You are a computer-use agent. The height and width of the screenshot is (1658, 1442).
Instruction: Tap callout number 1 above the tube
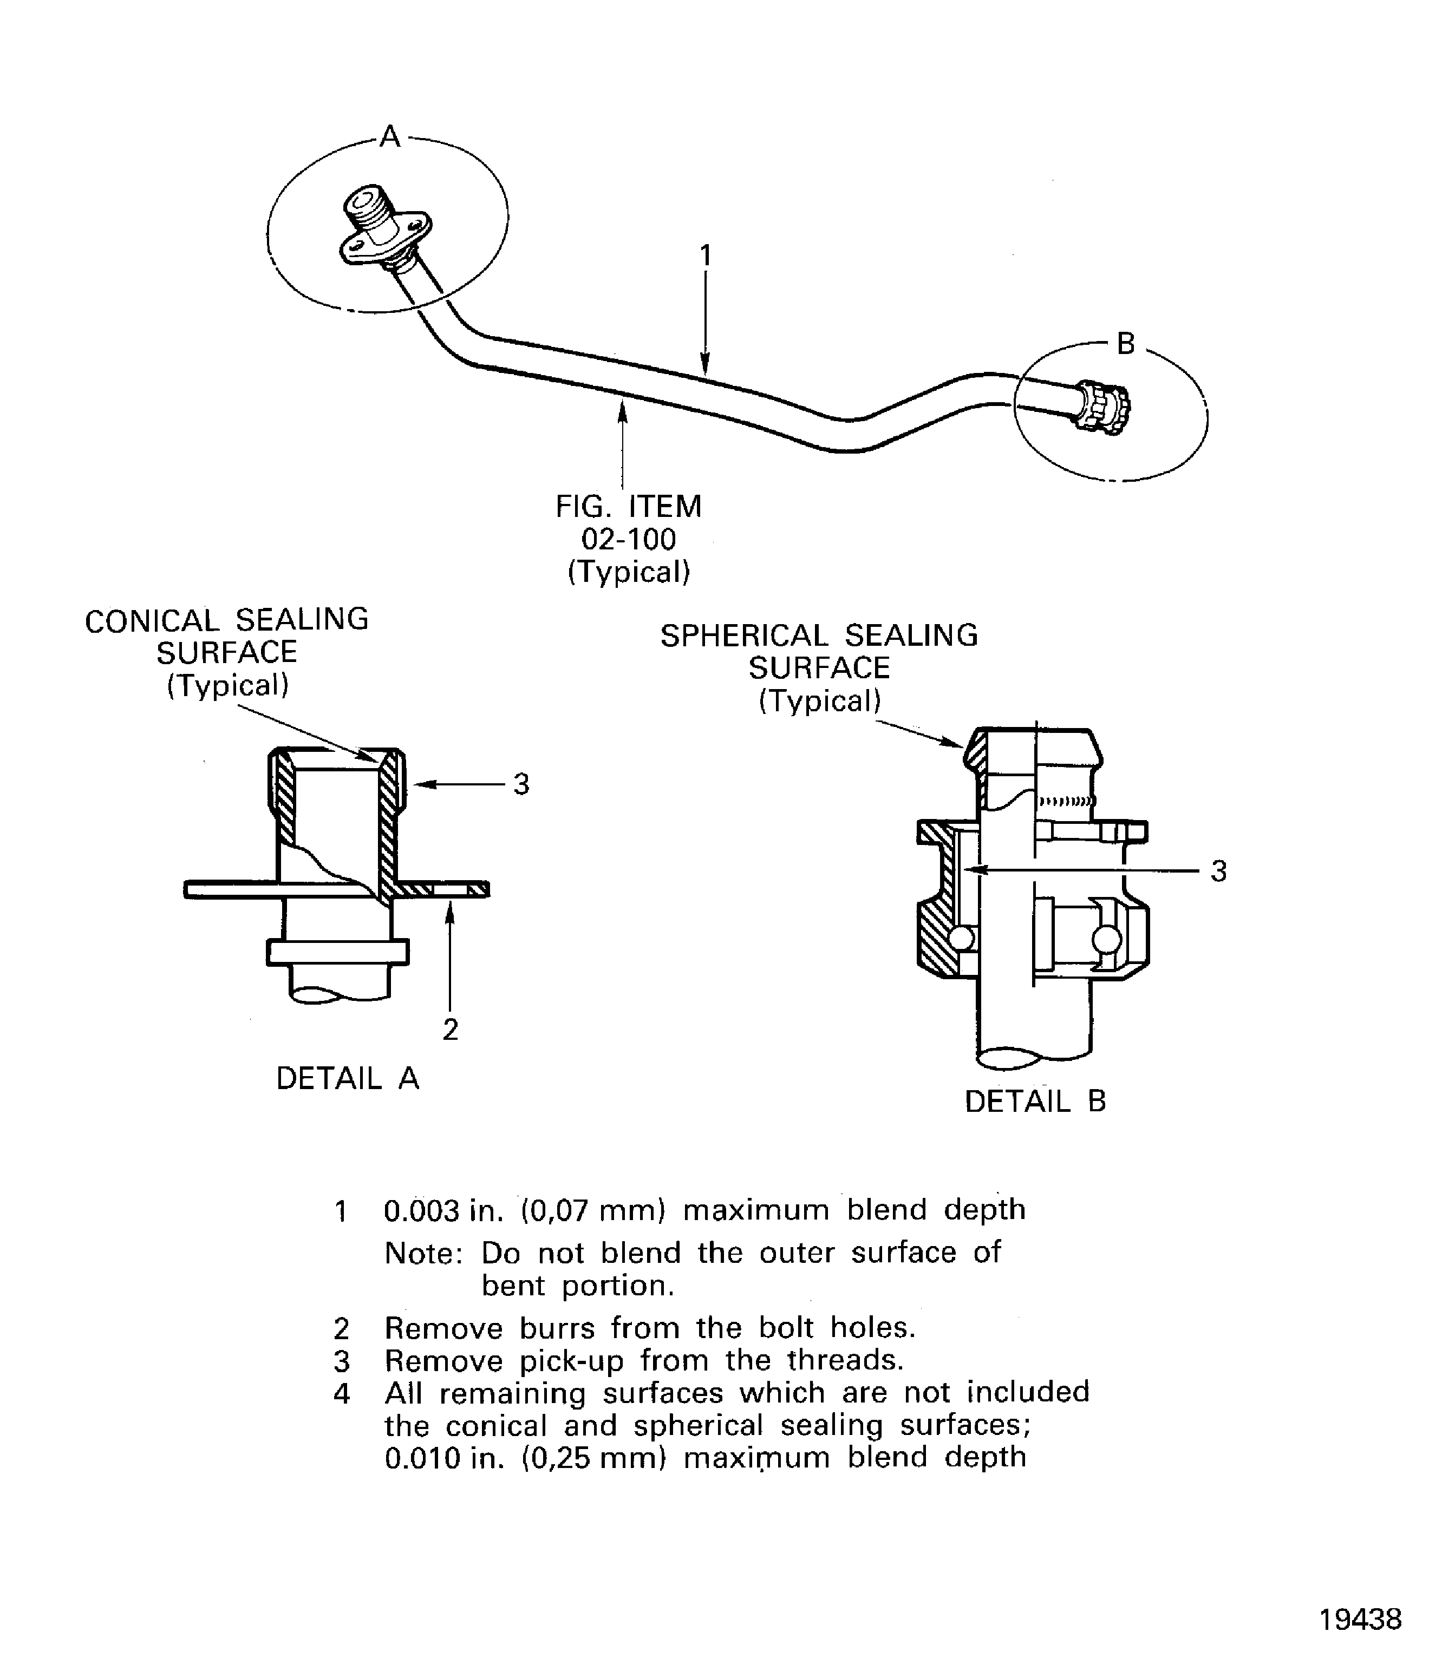click(x=705, y=256)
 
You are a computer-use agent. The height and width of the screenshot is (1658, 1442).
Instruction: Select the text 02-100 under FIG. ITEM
click(x=629, y=540)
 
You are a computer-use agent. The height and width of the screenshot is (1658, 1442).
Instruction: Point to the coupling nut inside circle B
click(x=1104, y=407)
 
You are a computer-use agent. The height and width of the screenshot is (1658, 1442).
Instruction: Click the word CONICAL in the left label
click(x=151, y=621)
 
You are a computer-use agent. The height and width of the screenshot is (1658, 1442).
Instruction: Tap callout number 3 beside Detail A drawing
click(x=521, y=784)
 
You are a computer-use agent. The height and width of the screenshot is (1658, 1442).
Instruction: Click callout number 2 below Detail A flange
click(x=451, y=1030)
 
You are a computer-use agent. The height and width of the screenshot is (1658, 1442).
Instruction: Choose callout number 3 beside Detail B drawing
click(x=1218, y=871)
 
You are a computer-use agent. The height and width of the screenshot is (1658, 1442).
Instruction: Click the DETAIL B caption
click(x=1035, y=1102)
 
